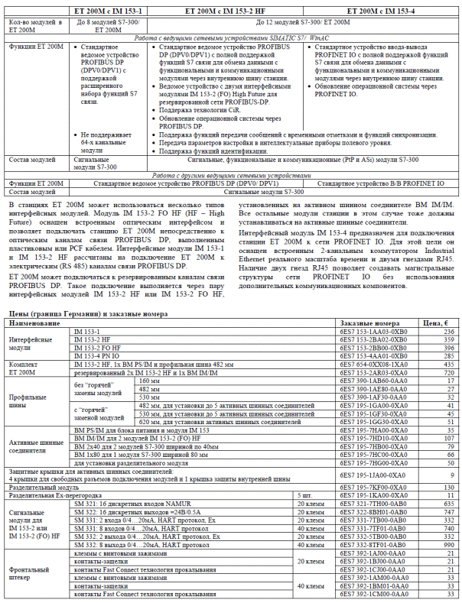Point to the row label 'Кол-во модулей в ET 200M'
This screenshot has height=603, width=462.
pyautogui.click(x=35, y=27)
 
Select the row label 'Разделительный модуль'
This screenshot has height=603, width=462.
pyautogui.click(x=44, y=487)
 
